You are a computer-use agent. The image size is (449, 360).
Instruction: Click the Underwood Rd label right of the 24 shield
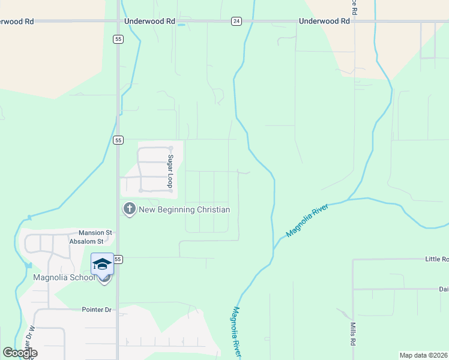[324, 21]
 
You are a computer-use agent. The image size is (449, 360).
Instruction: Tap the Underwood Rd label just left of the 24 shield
[149, 21]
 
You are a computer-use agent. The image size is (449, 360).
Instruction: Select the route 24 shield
[237, 21]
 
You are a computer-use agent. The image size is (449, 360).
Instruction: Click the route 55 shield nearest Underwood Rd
[118, 38]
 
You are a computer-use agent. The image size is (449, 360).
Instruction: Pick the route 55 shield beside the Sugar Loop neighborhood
[118, 140]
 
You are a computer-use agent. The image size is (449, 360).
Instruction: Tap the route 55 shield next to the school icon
[118, 259]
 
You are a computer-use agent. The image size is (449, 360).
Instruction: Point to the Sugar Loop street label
[170, 171]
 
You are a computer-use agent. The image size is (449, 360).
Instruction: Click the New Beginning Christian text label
[184, 209]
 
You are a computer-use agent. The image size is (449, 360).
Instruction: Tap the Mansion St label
[95, 232]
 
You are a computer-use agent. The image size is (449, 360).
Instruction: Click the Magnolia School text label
[64, 277]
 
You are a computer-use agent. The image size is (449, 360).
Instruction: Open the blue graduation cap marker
[102, 264]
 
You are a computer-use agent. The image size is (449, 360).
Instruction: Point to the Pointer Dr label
[97, 310]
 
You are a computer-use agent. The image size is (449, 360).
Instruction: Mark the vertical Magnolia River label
[237, 333]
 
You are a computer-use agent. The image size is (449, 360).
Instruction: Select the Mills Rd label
[352, 334]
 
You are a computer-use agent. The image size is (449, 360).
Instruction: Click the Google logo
[20, 353]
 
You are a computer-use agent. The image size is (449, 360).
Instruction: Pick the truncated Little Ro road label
[436, 259]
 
